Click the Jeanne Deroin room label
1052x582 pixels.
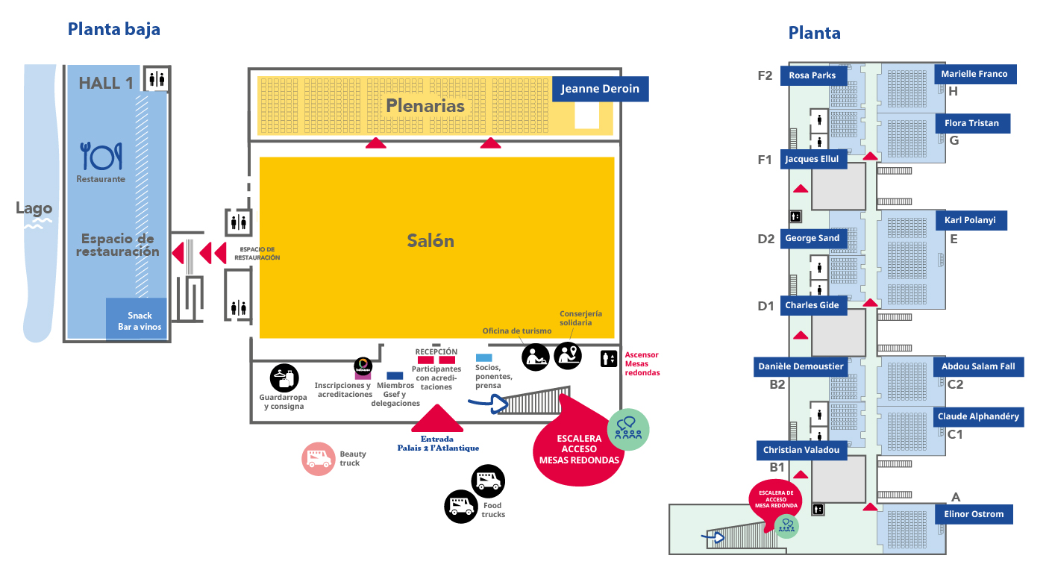(601, 89)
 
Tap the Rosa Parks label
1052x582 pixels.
(813, 75)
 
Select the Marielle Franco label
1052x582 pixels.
(974, 74)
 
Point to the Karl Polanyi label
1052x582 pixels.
(971, 221)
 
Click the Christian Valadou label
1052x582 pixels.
(801, 450)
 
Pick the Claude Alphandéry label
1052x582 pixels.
(978, 416)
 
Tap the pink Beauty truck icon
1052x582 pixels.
(319, 459)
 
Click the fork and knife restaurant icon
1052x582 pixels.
(101, 156)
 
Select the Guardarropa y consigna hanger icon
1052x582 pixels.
(284, 378)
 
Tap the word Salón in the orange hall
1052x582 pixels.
(430, 240)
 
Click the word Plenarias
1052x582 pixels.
(425, 106)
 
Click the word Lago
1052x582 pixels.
(34, 208)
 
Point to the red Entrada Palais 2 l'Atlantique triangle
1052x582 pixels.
(437, 419)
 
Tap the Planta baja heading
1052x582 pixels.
(113, 29)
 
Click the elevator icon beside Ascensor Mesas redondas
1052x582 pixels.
(609, 359)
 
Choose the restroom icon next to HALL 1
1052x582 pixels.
(157, 78)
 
